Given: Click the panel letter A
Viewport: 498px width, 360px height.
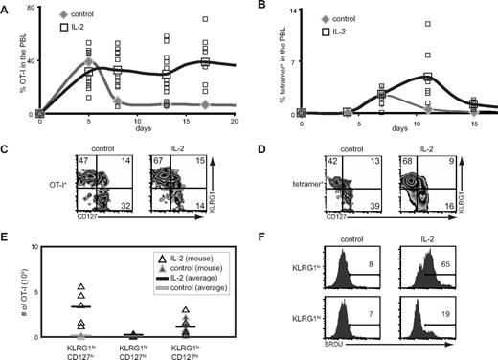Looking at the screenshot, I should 8,8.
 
